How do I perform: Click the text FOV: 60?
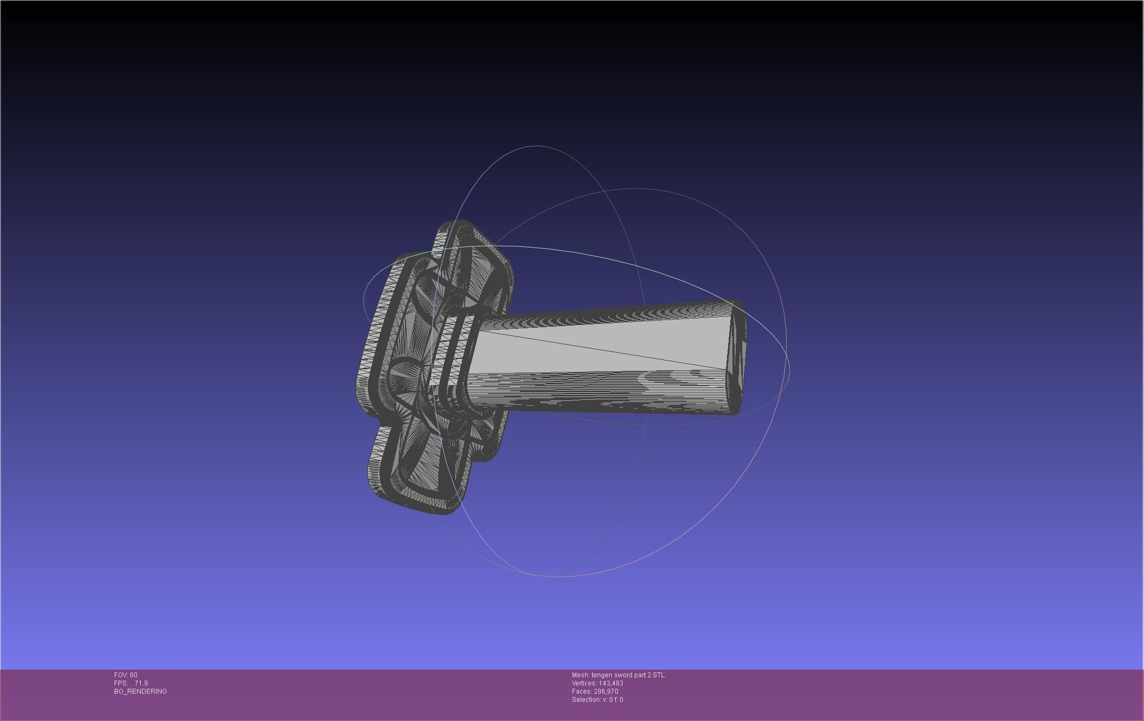(x=126, y=675)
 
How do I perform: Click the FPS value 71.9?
(x=141, y=683)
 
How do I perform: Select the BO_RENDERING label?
(x=140, y=692)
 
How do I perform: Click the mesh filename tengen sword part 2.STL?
(x=628, y=675)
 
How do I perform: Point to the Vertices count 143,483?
(x=611, y=683)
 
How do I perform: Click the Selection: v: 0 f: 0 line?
(x=597, y=700)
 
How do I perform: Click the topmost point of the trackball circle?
(x=538, y=146)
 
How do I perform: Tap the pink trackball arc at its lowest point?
(x=557, y=576)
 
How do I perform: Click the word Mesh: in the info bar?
(x=580, y=675)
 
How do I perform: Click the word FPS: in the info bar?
(x=121, y=683)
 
